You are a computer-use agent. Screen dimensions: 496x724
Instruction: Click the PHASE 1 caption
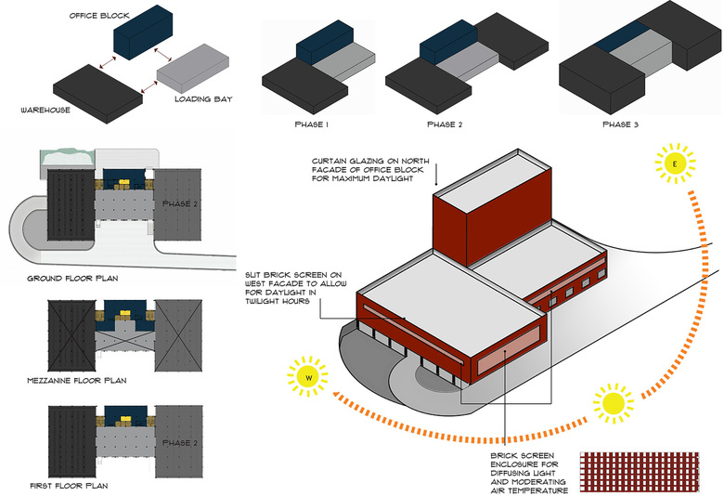[312, 124]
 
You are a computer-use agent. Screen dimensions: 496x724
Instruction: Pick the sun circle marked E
[675, 165]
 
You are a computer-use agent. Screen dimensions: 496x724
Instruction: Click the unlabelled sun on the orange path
[614, 402]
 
